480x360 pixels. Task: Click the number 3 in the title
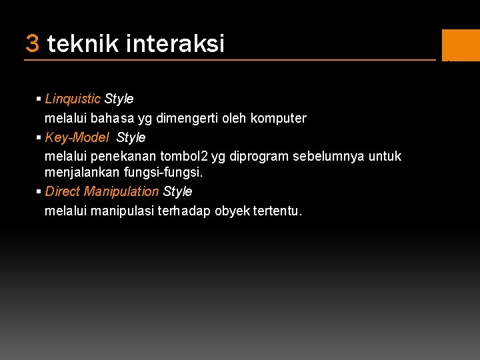tap(32, 44)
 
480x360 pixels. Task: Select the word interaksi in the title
tap(175, 44)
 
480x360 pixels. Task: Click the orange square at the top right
tap(461, 45)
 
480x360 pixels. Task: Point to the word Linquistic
tap(73, 99)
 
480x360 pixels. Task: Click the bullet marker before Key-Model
tap(39, 137)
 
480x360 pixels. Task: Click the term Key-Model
tap(77, 137)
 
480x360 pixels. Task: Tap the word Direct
tap(62, 191)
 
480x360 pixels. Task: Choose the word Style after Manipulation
tap(177, 191)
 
